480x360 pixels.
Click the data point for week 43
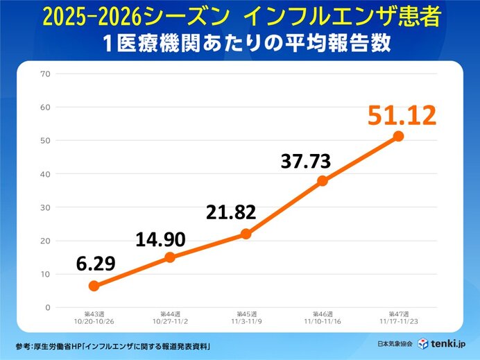point(94,286)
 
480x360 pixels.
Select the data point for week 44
point(170,257)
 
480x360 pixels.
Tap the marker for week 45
point(246,234)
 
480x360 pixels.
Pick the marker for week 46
point(323,181)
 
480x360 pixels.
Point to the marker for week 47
point(398,136)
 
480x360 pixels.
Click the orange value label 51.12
point(402,114)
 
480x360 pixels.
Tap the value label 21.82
point(232,212)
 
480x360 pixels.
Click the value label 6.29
point(96,264)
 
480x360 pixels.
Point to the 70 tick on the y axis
point(46,74)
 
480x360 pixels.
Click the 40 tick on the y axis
point(46,174)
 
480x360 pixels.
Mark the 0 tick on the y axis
point(48,307)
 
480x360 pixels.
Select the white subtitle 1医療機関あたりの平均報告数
point(240,43)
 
